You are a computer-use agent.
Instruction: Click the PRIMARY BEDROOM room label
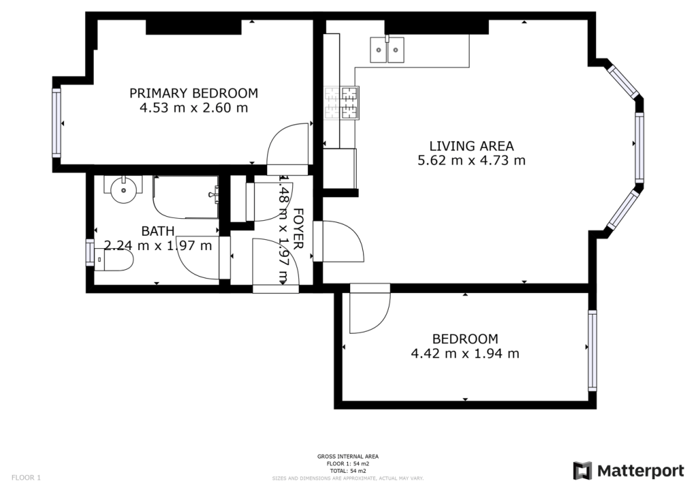coord(194,93)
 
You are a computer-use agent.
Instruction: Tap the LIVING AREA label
coord(471,145)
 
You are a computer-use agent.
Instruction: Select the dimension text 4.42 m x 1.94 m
coord(465,353)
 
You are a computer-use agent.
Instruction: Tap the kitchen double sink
coord(387,50)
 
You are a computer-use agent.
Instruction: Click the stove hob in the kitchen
coord(341,103)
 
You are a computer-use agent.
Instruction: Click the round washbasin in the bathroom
coord(124,187)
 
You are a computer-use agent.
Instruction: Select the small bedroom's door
coord(369,311)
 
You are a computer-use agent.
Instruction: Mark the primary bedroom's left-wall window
coord(56,124)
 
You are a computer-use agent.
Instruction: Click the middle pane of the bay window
coord(639,147)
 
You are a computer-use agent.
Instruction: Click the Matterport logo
coord(629,471)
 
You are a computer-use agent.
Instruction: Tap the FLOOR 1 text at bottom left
coord(27,478)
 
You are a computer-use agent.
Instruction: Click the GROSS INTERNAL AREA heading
coord(348,457)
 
